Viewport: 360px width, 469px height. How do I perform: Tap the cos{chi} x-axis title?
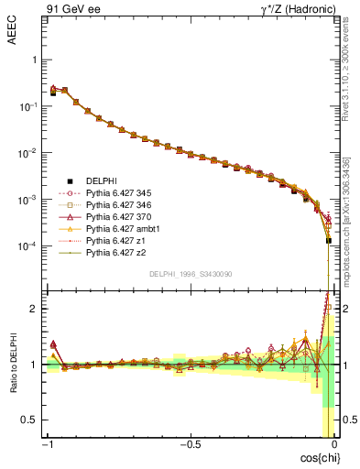click(316, 457)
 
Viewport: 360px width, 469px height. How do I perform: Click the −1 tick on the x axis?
click(49, 444)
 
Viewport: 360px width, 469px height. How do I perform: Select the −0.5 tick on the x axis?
click(189, 444)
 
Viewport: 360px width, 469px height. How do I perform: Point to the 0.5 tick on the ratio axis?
click(29, 420)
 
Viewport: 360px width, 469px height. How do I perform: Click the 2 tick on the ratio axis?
click(33, 309)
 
